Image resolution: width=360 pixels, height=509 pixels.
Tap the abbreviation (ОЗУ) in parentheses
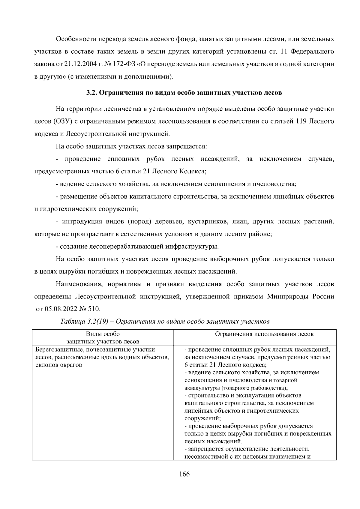click(x=62, y=121)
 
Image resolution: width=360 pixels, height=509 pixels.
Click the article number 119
click(x=301, y=121)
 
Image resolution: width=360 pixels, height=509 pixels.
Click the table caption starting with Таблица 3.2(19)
click(x=165, y=322)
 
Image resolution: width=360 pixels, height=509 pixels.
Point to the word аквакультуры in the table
click(x=201, y=388)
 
